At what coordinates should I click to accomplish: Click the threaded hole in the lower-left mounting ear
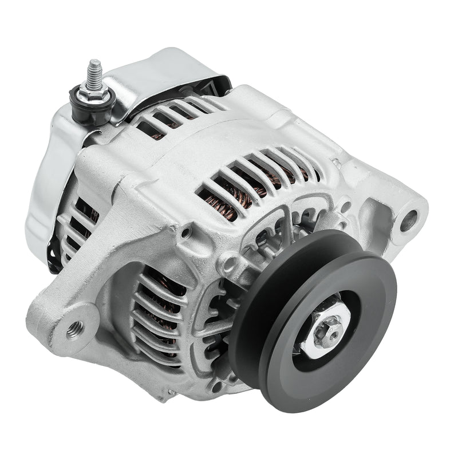(75, 329)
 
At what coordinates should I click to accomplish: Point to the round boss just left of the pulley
(228, 263)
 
